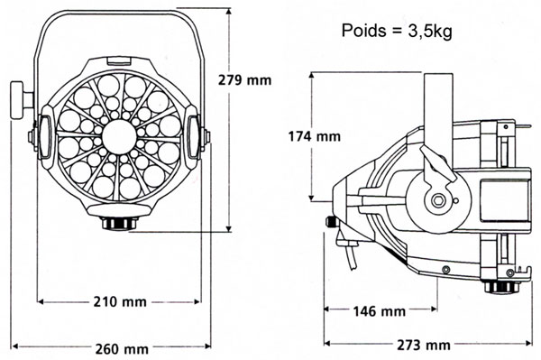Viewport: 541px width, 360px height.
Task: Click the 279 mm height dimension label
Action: pyautogui.click(x=244, y=80)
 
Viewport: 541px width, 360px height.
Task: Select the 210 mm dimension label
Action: pyautogui.click(x=120, y=302)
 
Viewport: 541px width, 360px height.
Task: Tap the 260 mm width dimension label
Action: pyautogui.click(x=122, y=349)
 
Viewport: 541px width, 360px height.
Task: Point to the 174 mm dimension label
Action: pyautogui.click(x=315, y=136)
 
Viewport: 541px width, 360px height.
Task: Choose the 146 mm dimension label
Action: pyautogui.click(x=379, y=311)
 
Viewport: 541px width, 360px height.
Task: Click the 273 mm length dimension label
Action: pyautogui.click(x=424, y=345)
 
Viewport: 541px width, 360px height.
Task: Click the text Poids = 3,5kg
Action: pyautogui.click(x=397, y=31)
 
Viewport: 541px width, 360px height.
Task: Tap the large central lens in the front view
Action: pyautogui.click(x=119, y=137)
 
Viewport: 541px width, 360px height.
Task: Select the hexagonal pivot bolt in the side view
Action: pyautogui.click(x=438, y=200)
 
